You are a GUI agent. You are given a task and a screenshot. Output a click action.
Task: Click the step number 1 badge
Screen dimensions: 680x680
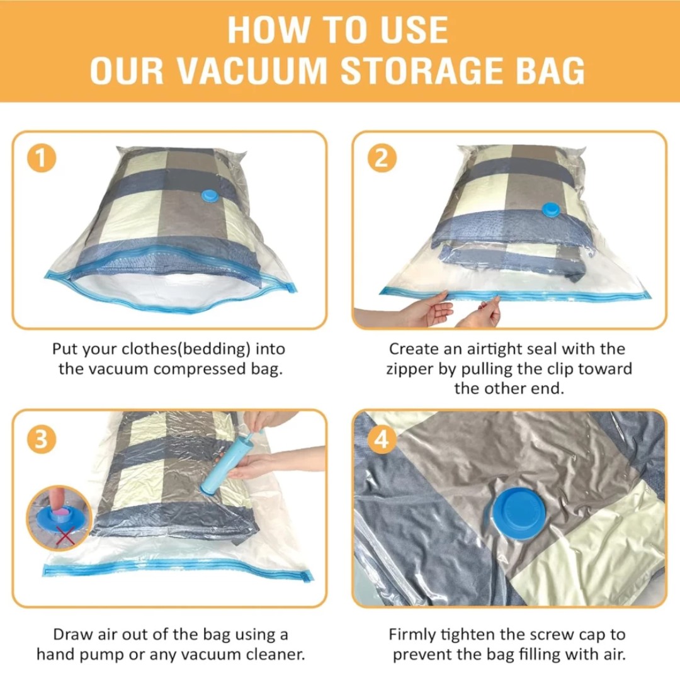(x=42, y=158)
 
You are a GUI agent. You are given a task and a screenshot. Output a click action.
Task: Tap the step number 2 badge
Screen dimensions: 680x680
(x=382, y=158)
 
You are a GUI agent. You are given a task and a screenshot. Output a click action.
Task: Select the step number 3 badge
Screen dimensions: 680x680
(x=41, y=439)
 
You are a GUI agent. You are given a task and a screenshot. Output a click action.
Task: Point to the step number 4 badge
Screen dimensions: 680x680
(x=382, y=439)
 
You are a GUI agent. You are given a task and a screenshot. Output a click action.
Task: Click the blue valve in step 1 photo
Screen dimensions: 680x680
(x=211, y=196)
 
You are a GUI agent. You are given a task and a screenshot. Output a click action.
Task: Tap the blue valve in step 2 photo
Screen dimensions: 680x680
(x=551, y=210)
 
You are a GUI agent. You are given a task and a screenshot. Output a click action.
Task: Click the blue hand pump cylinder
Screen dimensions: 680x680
(x=218, y=465)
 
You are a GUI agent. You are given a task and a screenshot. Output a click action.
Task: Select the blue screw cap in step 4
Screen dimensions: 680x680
(x=515, y=513)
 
